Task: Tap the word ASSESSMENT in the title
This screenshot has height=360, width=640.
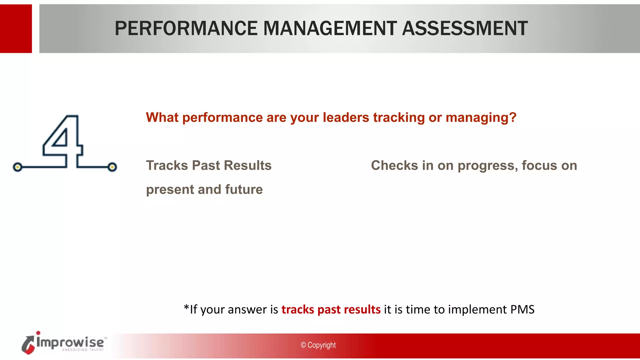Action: click(465, 28)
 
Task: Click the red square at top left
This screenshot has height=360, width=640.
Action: click(16, 28)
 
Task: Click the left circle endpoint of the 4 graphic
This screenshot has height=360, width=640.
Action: click(18, 167)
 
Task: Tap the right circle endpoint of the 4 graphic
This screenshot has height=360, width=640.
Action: click(112, 167)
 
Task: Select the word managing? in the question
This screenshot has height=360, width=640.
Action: click(481, 117)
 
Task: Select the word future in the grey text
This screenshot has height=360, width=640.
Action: click(244, 189)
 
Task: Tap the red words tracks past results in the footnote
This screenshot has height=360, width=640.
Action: click(331, 309)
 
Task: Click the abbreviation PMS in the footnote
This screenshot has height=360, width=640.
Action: click(522, 309)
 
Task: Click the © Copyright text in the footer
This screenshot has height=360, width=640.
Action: click(318, 345)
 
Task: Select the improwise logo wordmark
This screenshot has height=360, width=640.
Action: click(70, 342)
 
